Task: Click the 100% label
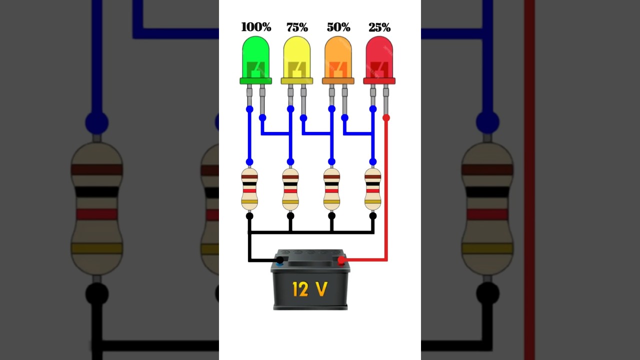(x=256, y=27)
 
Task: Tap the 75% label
(x=297, y=27)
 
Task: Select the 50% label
(x=338, y=27)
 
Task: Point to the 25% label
(x=379, y=27)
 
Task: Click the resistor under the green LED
(x=249, y=189)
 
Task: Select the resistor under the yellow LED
(x=290, y=189)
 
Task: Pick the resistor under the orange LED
(x=331, y=189)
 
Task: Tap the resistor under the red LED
(x=372, y=189)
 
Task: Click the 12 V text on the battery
(x=310, y=288)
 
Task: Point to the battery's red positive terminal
(x=341, y=260)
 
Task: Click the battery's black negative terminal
(x=280, y=260)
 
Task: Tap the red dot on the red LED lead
(x=386, y=118)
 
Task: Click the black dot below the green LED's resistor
(x=249, y=216)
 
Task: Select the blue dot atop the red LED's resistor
(x=372, y=161)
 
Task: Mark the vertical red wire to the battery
(x=386, y=190)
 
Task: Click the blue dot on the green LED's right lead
(x=262, y=118)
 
